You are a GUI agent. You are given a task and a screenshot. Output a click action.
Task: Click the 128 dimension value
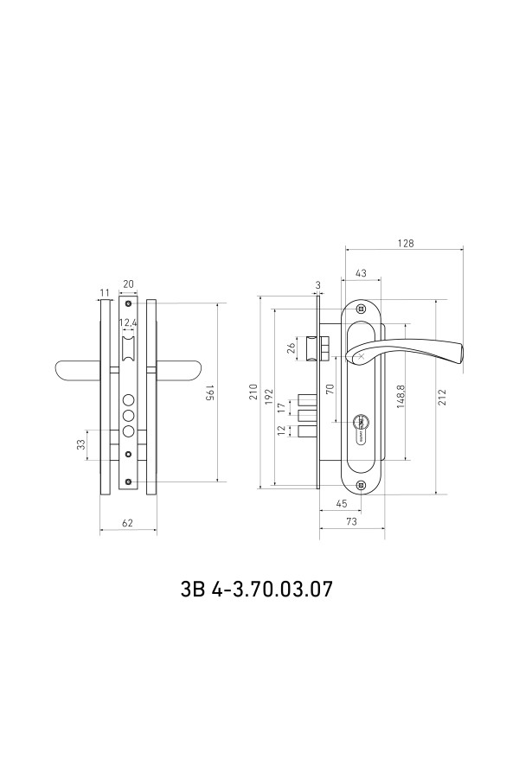click(x=406, y=243)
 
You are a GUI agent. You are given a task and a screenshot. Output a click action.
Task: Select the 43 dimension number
click(x=361, y=273)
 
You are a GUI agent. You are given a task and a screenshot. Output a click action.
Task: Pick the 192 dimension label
click(x=270, y=396)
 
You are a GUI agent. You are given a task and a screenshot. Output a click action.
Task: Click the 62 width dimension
click(x=128, y=522)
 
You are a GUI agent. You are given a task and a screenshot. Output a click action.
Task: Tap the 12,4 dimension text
click(x=128, y=323)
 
